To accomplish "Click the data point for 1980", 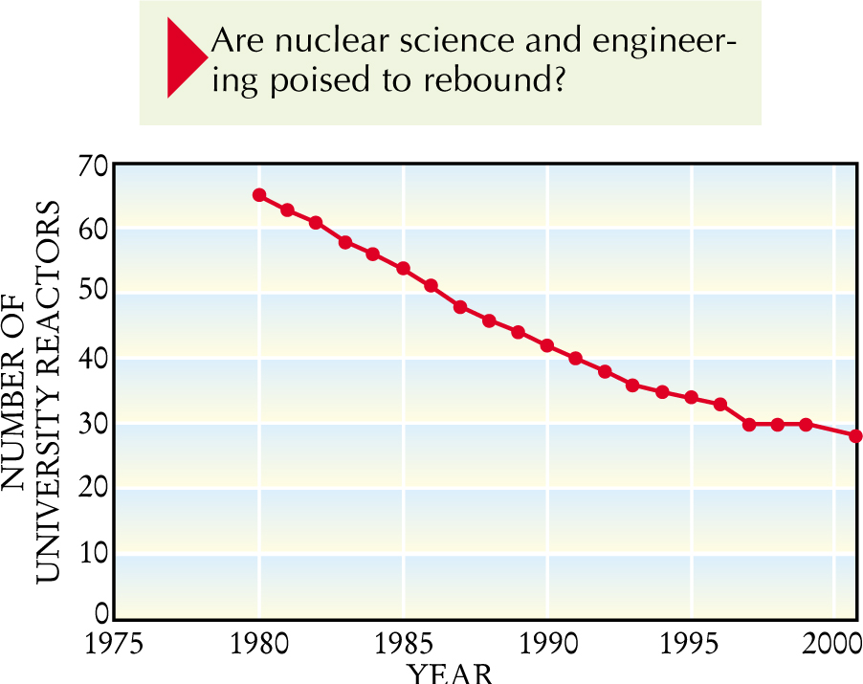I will point(259,195).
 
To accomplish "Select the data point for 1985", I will point(404,269).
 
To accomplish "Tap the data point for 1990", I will point(547,345).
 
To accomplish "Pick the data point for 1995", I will point(691,397).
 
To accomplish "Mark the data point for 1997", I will point(749,424).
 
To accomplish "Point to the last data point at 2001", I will point(855,436).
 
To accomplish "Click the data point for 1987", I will point(460,307).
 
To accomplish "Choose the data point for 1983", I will point(345,242).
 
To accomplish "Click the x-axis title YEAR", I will point(451,673).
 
